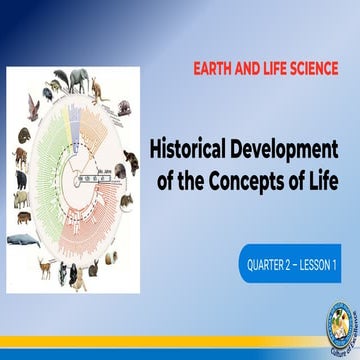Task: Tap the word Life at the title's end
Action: pos(317,179)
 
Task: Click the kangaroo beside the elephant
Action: pos(97,88)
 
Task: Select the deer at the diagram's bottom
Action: pos(45,265)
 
